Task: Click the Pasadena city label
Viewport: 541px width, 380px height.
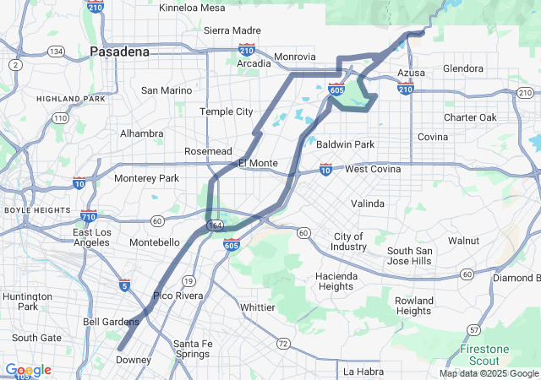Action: tap(119, 52)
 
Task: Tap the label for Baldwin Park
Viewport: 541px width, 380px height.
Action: tap(345, 144)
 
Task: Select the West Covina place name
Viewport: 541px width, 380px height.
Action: tap(373, 170)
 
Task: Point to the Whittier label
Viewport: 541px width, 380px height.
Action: tap(258, 307)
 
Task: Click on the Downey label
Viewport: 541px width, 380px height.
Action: tap(133, 360)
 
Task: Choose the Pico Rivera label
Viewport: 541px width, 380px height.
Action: tap(178, 296)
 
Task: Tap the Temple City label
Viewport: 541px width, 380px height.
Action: tap(226, 111)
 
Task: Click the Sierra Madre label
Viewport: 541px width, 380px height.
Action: tap(232, 30)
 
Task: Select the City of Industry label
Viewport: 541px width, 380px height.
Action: tap(349, 242)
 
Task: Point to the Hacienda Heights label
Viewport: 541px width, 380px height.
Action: tap(336, 281)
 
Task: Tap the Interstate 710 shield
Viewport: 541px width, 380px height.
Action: tap(89, 216)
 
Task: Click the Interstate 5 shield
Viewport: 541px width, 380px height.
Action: tap(124, 285)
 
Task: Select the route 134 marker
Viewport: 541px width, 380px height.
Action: tap(57, 52)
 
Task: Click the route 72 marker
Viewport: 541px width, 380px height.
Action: tap(282, 344)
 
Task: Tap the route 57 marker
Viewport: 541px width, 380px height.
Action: tap(474, 328)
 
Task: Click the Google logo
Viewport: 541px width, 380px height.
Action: tap(28, 370)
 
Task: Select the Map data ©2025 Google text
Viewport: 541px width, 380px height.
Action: tap(489, 373)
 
